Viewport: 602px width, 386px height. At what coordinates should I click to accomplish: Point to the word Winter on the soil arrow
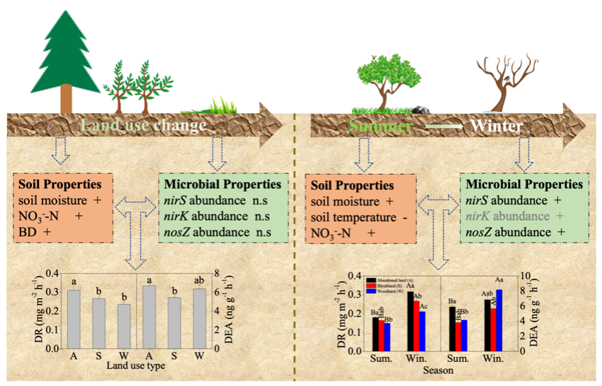[497, 127]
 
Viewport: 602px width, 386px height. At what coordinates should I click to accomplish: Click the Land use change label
[143, 126]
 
